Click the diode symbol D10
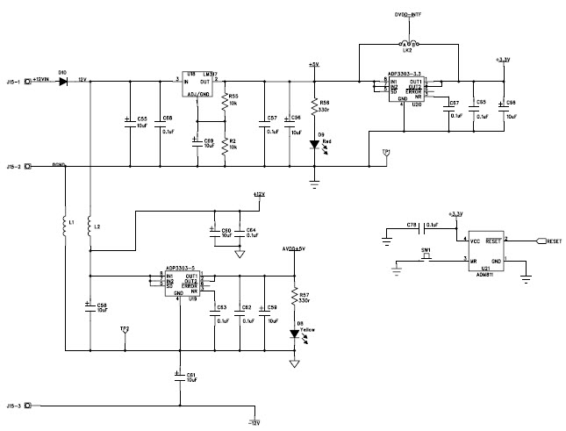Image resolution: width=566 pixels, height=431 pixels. pos(63,81)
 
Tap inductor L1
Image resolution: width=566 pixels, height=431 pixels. pos(64,227)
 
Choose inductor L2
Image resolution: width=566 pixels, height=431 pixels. pos(90,227)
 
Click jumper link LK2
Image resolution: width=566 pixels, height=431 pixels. pos(407,44)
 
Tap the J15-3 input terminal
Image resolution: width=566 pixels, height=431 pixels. pos(29,406)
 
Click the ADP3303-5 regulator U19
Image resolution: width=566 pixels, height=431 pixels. pos(184,283)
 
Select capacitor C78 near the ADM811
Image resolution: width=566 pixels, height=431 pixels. pos(412,231)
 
